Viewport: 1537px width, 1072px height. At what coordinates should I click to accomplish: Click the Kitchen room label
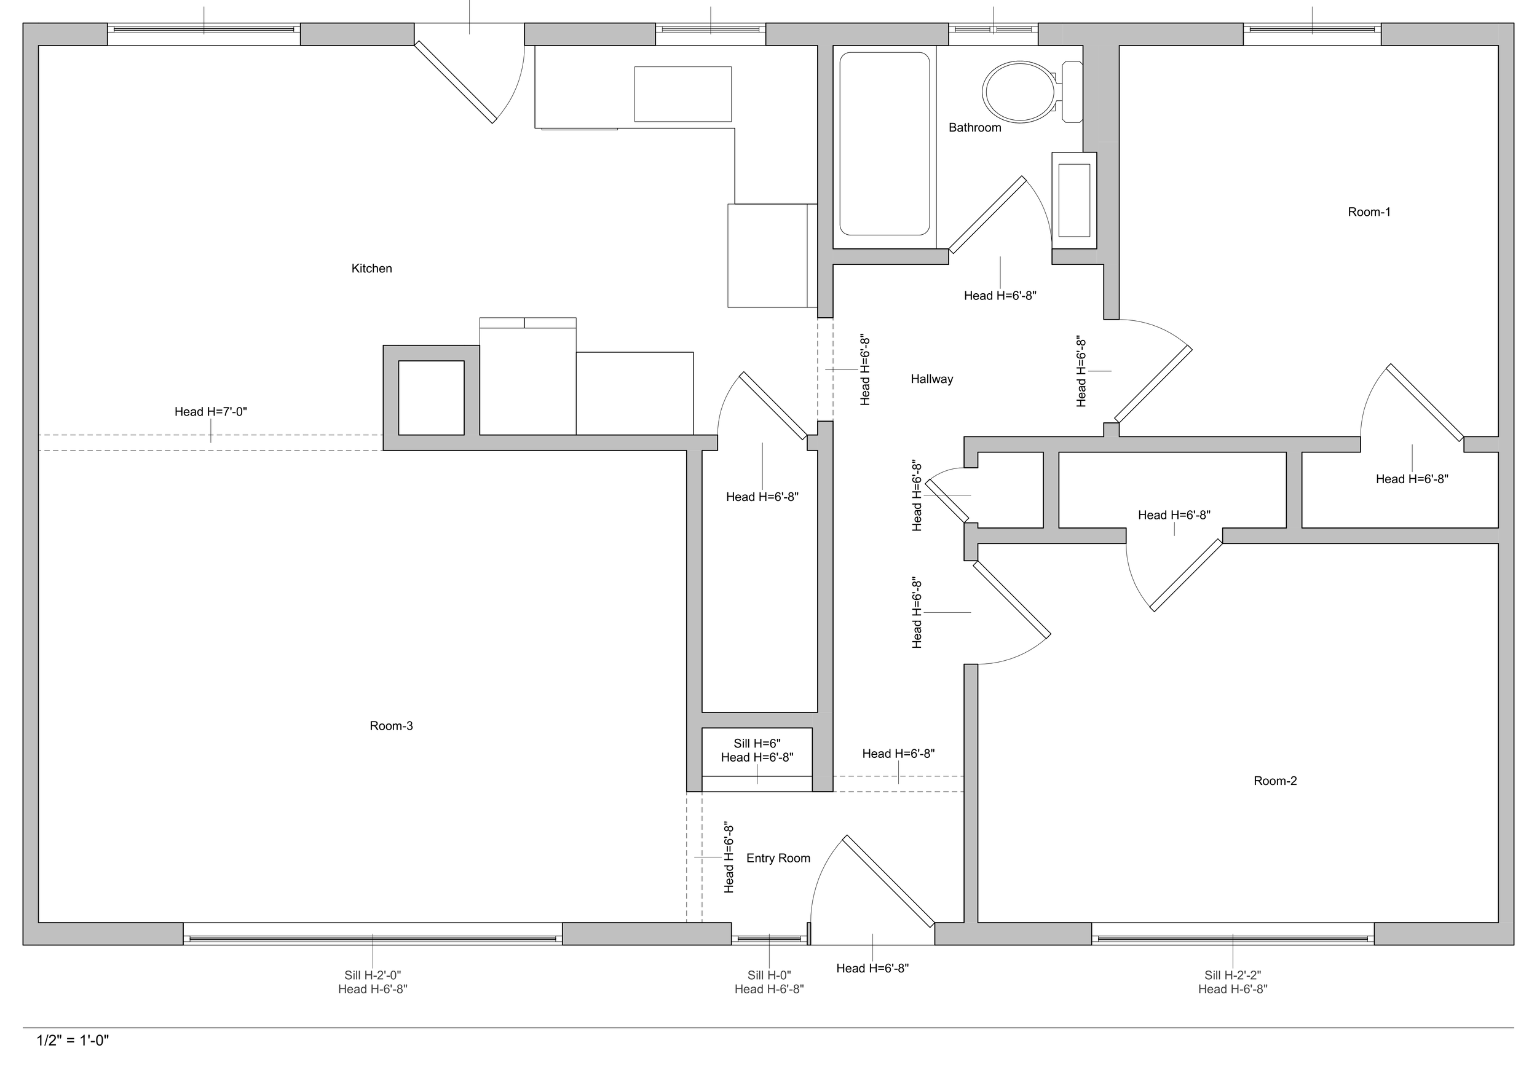pyautogui.click(x=371, y=269)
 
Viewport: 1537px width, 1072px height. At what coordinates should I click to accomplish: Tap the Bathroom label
pyautogui.click(x=974, y=127)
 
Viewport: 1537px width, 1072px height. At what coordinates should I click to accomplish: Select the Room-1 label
pyautogui.click(x=1369, y=211)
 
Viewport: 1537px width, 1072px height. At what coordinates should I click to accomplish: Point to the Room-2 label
pyautogui.click(x=1275, y=780)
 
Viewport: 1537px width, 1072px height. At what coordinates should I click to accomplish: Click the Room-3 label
pyautogui.click(x=391, y=725)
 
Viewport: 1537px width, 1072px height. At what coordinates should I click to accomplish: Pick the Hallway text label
pyautogui.click(x=932, y=379)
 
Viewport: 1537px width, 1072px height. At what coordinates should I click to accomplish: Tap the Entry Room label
pyautogui.click(x=778, y=858)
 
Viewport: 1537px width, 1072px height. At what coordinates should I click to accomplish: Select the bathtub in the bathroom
pyautogui.click(x=884, y=144)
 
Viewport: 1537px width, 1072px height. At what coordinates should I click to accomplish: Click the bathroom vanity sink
pyautogui.click(x=1074, y=200)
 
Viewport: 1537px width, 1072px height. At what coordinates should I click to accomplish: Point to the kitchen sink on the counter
pyautogui.click(x=683, y=93)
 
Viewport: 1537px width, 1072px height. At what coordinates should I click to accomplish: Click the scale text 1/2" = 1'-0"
pyautogui.click(x=73, y=1040)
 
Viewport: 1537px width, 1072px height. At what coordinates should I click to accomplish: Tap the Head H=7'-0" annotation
pyautogui.click(x=211, y=412)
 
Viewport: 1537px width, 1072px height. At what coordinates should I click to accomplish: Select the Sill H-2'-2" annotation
pyautogui.click(x=1233, y=975)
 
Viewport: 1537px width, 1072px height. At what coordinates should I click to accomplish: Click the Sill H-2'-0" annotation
pyautogui.click(x=372, y=975)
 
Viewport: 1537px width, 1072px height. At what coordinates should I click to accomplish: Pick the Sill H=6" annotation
pyautogui.click(x=757, y=743)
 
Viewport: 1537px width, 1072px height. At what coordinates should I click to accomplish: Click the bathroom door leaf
pyautogui.click(x=987, y=215)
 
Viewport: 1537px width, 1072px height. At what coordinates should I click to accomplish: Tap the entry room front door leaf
pyautogui.click(x=888, y=881)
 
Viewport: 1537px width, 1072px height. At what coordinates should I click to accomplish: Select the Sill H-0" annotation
pyautogui.click(x=769, y=975)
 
